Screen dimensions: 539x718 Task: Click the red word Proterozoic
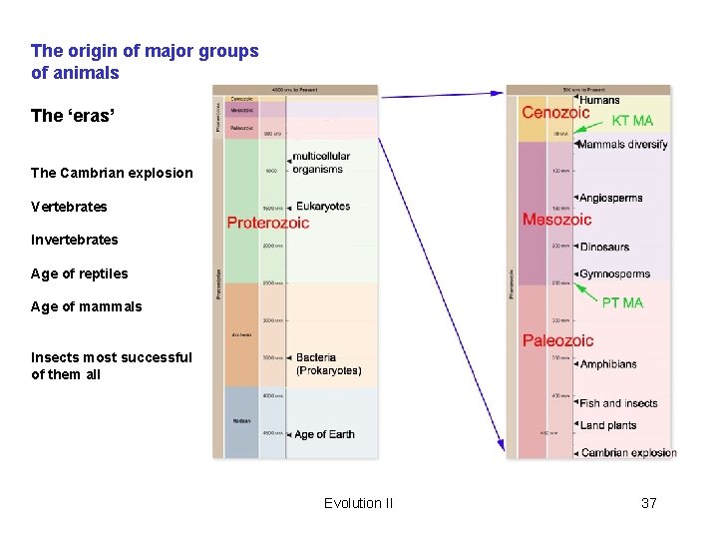click(268, 223)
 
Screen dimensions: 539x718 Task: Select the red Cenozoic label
click(555, 113)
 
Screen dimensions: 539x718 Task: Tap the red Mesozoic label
click(556, 220)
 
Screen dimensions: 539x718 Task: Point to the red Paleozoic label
click(557, 341)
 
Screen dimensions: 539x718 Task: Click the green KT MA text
click(632, 121)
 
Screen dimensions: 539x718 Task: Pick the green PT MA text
click(622, 302)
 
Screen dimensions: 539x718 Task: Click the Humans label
click(599, 100)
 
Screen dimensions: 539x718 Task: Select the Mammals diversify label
click(622, 145)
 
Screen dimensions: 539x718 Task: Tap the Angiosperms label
click(610, 199)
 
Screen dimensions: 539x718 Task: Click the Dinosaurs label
click(604, 247)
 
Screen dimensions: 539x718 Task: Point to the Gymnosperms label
click(614, 274)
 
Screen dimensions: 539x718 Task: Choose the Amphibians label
click(608, 364)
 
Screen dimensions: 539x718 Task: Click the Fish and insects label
click(618, 403)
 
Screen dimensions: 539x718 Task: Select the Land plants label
click(607, 425)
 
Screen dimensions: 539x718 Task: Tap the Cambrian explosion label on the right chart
click(628, 453)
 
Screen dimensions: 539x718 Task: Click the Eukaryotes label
click(323, 207)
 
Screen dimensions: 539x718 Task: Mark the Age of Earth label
click(324, 434)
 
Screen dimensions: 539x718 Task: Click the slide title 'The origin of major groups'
click(145, 51)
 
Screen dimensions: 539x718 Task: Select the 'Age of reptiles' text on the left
click(80, 273)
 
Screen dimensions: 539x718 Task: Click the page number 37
click(648, 503)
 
